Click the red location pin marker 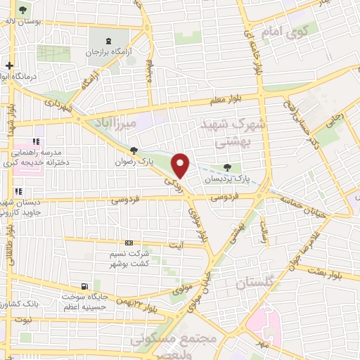click(x=181, y=165)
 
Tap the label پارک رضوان click(x=134, y=161)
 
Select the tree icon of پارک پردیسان click(x=226, y=167)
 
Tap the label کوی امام click(x=284, y=32)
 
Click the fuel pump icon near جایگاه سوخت click(x=85, y=286)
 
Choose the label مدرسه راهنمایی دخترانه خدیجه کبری click(x=39, y=157)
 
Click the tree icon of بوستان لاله click(x=23, y=10)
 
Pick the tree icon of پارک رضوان click(x=134, y=150)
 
